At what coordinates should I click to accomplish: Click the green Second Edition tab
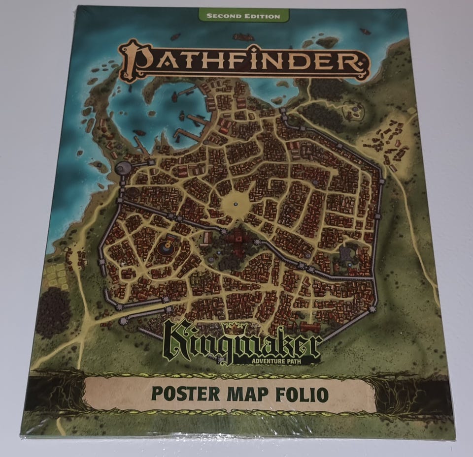243,16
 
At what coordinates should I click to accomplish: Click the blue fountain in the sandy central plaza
236,203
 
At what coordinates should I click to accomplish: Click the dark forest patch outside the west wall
53,310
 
